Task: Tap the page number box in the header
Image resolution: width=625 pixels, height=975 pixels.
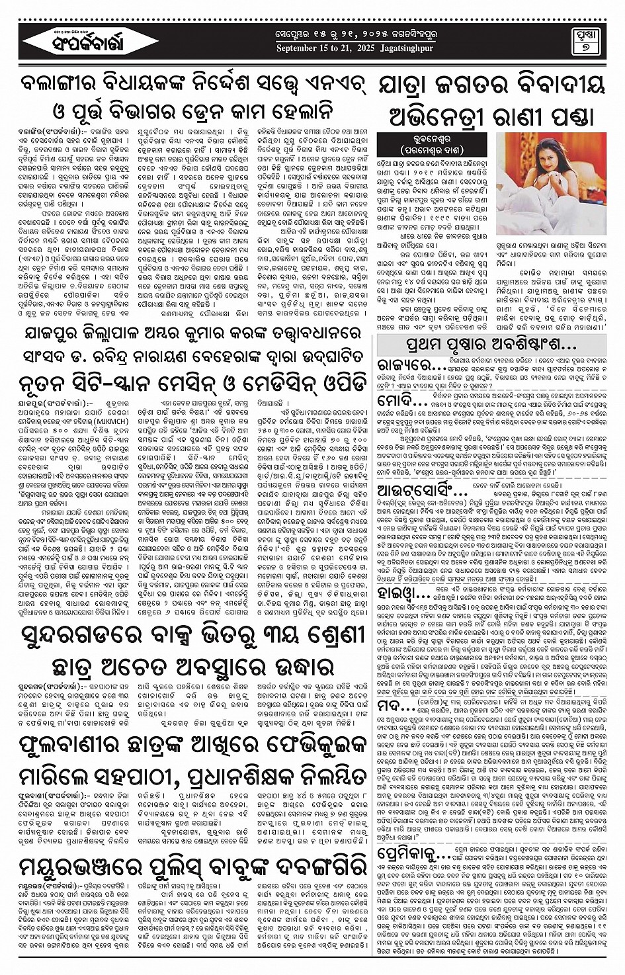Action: [x=585, y=41]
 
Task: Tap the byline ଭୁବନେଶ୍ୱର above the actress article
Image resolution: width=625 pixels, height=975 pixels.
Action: [x=435, y=139]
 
